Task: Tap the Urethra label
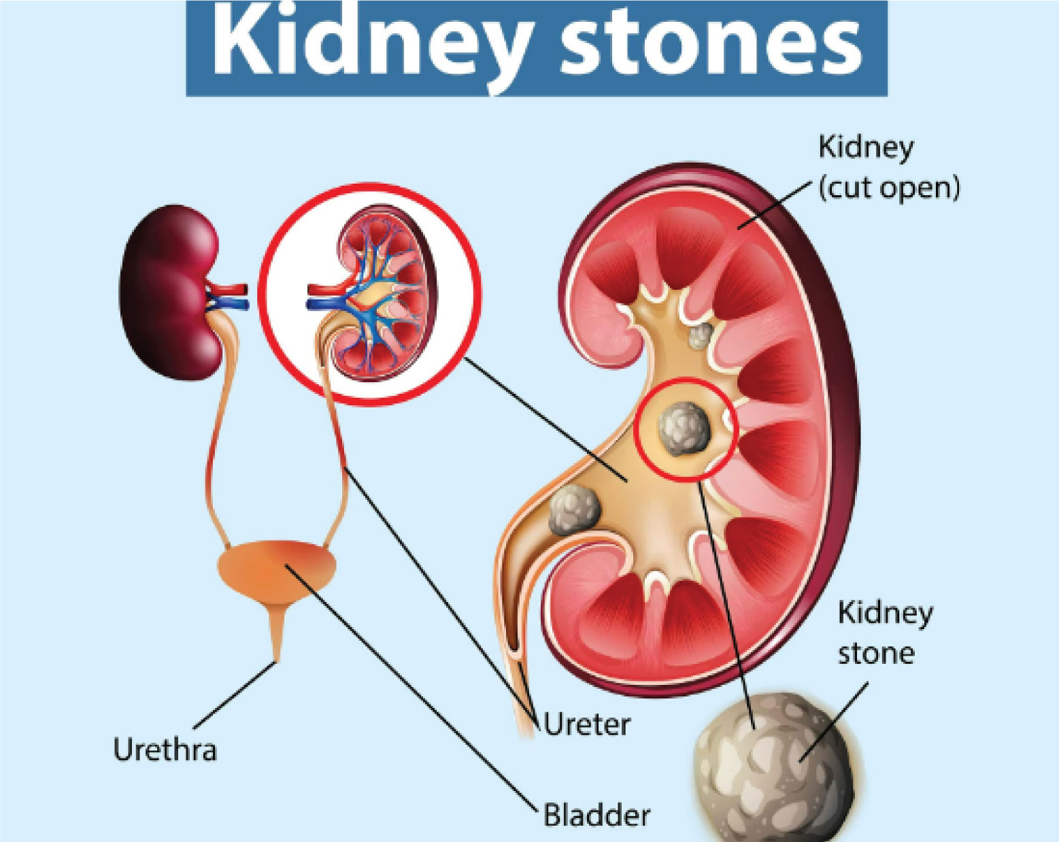point(165,750)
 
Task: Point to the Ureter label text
point(586,724)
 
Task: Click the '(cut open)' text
point(889,188)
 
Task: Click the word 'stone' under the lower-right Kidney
point(876,653)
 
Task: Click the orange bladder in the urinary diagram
point(277,569)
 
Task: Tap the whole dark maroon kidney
point(170,292)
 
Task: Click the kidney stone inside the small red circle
point(684,428)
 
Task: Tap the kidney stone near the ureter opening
point(574,510)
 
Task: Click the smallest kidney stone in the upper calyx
point(701,335)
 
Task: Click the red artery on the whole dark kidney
point(229,289)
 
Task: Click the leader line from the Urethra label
point(235,695)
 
